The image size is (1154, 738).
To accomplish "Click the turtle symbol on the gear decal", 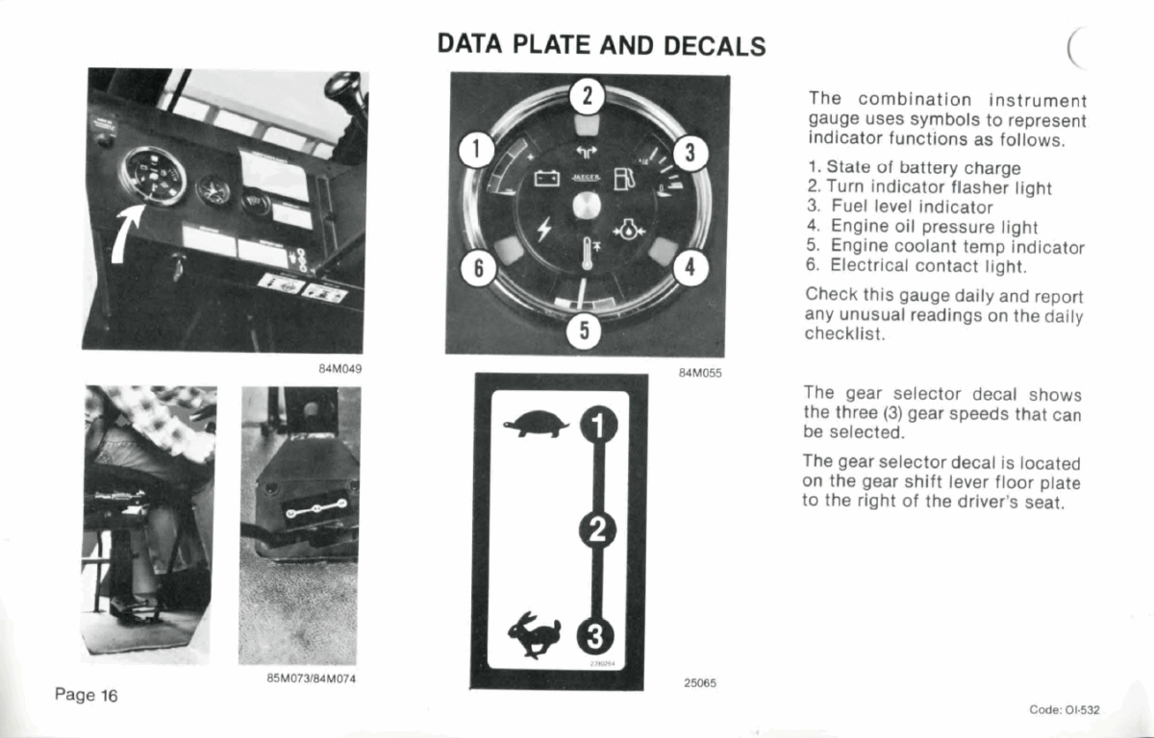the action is (536, 424).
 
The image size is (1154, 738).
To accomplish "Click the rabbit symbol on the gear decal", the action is (535, 634).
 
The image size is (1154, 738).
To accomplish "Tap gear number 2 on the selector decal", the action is (597, 530).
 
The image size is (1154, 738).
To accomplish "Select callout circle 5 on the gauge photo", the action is (584, 331).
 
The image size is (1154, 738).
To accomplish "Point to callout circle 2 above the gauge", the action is (587, 96).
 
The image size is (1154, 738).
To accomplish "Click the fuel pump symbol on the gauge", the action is (624, 179).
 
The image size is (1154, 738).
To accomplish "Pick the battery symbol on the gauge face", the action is (546, 179).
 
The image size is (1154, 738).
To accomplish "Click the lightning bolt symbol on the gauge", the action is (544, 229).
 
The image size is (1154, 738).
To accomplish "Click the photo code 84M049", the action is (340, 369).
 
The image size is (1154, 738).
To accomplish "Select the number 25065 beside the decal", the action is (700, 683).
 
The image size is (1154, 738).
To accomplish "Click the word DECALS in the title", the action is (715, 46).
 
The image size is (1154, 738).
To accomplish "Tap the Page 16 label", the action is (86, 696).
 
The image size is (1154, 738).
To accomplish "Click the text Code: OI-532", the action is (1065, 710).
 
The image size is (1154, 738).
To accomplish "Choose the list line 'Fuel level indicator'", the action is (900, 207).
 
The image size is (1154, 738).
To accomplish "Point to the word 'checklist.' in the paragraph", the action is (845, 334).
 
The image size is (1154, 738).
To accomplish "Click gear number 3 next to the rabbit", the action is (595, 636).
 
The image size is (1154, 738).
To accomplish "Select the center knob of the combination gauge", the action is (587, 206).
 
